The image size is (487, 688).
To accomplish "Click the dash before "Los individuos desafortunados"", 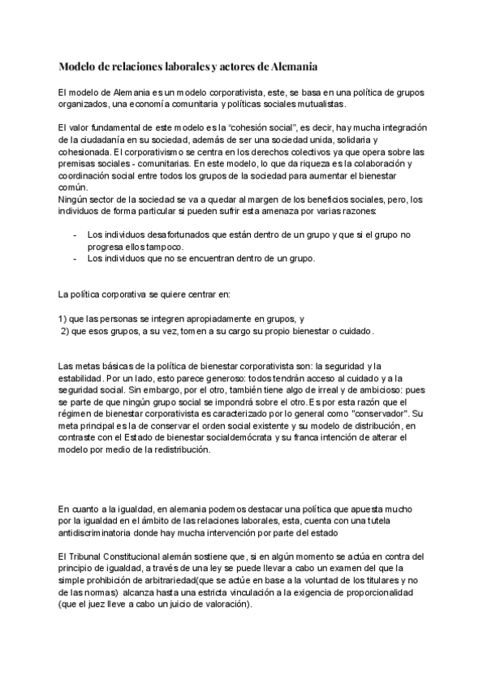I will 75,235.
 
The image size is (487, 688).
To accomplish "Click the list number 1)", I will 65,319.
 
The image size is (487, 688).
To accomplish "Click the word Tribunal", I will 92,557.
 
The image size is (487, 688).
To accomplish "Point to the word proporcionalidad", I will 374,593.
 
